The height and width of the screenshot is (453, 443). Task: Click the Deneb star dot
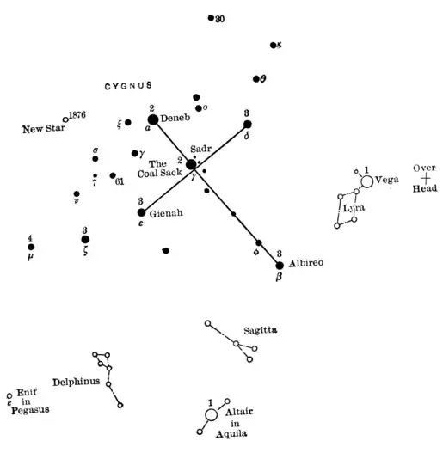[x=153, y=120]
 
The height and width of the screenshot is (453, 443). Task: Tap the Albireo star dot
[x=280, y=265]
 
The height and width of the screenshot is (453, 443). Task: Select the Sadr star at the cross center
[x=190, y=164]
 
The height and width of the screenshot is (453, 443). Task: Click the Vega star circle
[x=367, y=181]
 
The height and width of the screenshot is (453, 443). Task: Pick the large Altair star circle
[x=211, y=415]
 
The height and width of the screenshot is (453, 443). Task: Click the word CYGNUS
[x=128, y=86]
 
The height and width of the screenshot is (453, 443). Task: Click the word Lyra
[x=353, y=208]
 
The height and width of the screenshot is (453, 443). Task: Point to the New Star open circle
[x=65, y=119]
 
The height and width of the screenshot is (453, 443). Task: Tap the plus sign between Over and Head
[x=424, y=178]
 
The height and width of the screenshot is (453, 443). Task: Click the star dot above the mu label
[x=31, y=248]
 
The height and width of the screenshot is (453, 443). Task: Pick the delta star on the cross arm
[x=247, y=124]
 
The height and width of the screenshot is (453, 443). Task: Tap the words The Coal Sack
[x=166, y=168]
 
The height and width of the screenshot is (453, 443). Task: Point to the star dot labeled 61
[x=113, y=175]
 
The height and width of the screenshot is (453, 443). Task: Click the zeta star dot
[x=85, y=240]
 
